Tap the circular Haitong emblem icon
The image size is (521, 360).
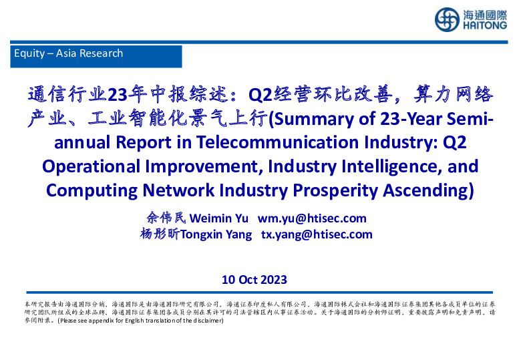447,19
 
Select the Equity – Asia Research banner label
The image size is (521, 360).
69,53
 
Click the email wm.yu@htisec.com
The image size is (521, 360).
312,218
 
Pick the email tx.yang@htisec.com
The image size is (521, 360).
316,234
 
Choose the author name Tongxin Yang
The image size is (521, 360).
219,234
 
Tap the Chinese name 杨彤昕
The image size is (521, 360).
159,234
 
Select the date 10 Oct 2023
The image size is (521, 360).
254,279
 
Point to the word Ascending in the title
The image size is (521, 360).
427,189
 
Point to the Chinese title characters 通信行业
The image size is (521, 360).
67,95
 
